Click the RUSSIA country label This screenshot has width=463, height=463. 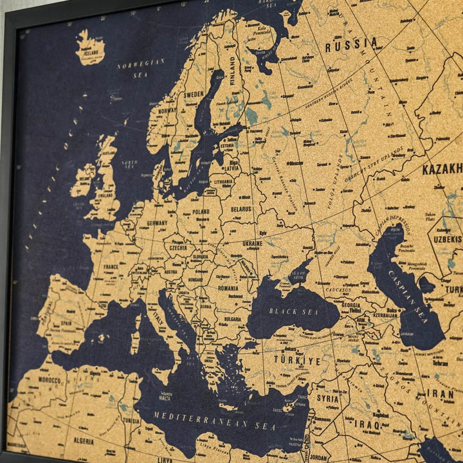351,45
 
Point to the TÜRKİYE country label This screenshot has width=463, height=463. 296,360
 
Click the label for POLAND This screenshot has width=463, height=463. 200,211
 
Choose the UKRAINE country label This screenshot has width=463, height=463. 252,244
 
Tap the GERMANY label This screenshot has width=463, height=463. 157,223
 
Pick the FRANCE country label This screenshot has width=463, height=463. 111,266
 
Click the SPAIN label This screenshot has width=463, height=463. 66,323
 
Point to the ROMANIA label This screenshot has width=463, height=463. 228,288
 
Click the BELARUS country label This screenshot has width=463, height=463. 241,209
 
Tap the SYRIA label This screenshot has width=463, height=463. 327,399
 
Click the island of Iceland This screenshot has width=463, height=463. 90,49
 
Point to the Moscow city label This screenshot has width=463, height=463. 296,163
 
